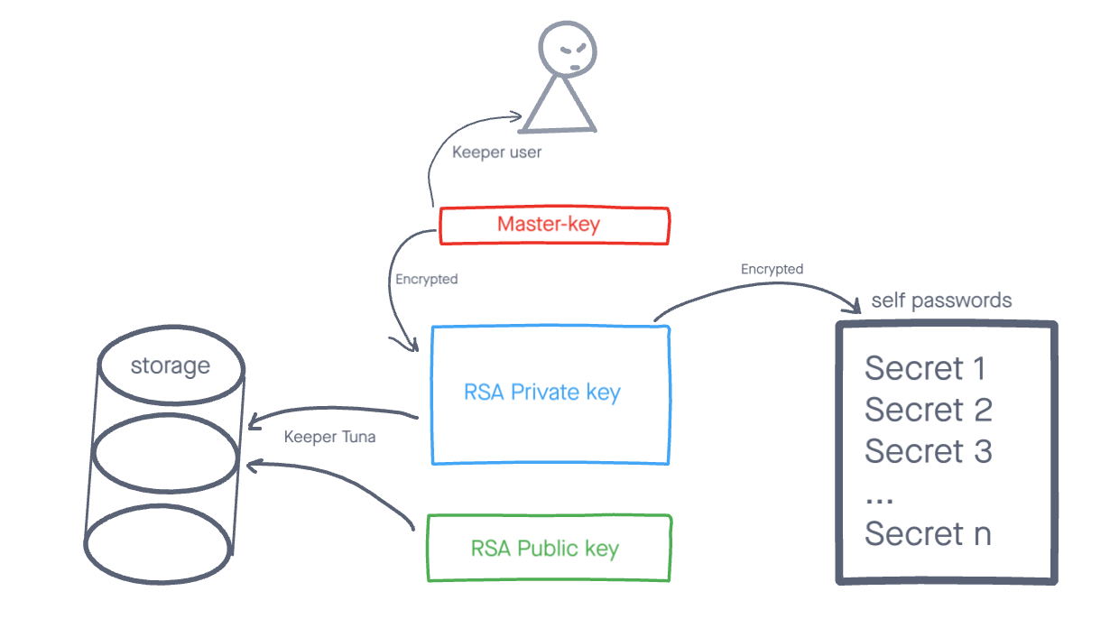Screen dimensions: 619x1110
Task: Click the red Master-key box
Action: point(553,226)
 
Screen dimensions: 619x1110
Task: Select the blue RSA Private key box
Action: point(550,394)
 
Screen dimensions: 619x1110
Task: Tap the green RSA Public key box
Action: point(549,548)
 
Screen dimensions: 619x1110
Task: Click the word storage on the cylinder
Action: point(170,366)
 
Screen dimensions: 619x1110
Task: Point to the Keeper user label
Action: point(496,152)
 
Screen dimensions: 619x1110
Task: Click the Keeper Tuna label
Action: point(329,438)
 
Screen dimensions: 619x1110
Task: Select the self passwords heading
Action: point(941,300)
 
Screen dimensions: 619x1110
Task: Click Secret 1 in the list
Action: point(925,368)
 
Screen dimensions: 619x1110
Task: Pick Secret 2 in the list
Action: point(928,410)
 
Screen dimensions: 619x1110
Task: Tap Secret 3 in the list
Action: point(928,451)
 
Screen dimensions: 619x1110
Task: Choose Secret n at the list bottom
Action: point(928,534)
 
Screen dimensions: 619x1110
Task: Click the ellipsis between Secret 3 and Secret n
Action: point(879,499)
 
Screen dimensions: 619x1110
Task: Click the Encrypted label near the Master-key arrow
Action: point(426,280)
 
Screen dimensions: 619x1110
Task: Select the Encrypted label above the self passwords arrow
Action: point(772,269)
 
